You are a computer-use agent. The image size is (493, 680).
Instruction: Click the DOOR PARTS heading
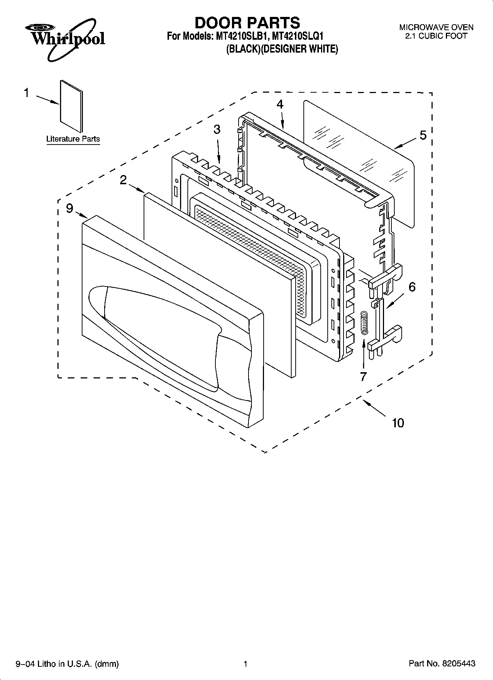point(247,23)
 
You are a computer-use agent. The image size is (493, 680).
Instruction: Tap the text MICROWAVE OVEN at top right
point(436,27)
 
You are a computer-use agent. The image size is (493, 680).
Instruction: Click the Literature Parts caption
point(73,139)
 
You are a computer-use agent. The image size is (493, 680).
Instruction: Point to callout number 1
point(27,93)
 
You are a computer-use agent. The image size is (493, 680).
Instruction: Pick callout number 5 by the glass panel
point(423,135)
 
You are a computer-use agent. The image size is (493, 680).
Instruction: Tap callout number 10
point(398,423)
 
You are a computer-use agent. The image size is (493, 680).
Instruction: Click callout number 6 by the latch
point(412,286)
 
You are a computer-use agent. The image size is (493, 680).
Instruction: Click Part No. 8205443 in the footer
point(442,663)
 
